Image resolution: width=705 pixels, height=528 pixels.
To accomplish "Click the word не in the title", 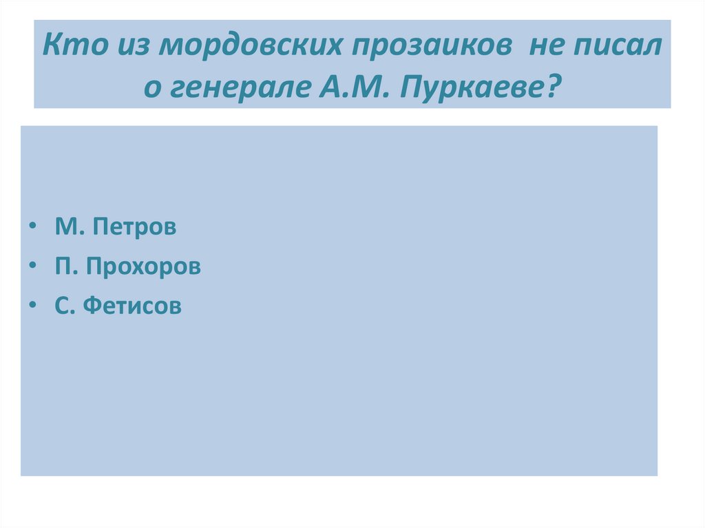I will click(x=545, y=47).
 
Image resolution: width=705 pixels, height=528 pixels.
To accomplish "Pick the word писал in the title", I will click(x=618, y=47).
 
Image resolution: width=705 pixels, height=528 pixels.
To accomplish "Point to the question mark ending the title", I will click(x=554, y=87).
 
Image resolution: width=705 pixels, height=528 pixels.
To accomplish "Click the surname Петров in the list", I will click(x=135, y=227).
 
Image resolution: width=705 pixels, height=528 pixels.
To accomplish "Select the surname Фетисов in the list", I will click(x=132, y=306).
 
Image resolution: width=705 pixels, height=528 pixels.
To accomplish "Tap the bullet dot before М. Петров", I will click(x=34, y=227).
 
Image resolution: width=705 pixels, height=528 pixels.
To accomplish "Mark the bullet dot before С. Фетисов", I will click(x=34, y=306).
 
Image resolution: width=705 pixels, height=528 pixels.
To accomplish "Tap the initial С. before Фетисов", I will click(x=65, y=306).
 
